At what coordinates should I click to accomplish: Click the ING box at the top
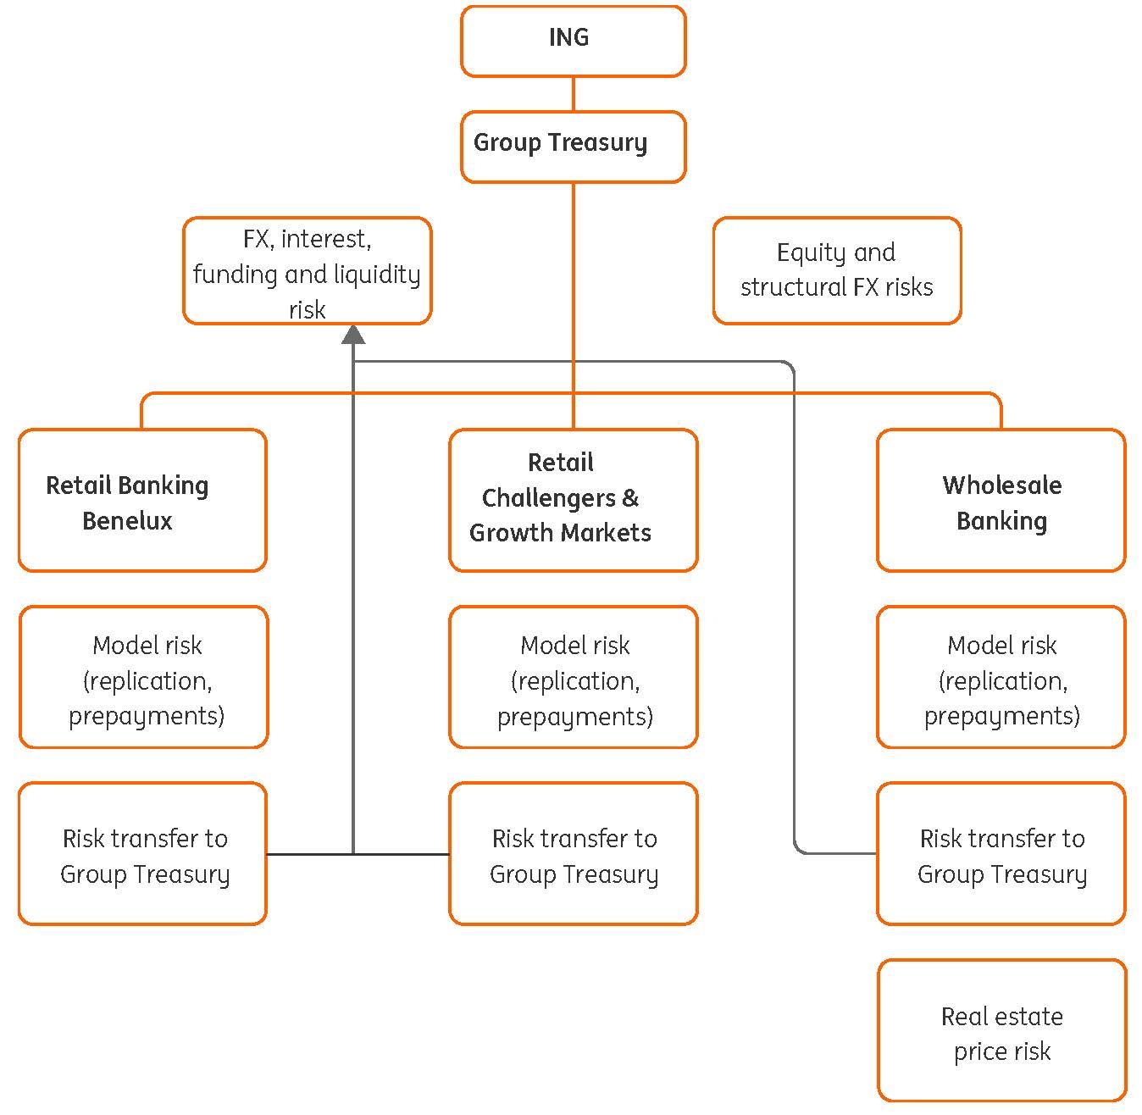(x=573, y=41)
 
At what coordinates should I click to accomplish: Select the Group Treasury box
(x=573, y=146)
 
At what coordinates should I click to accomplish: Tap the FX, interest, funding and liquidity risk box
(x=307, y=271)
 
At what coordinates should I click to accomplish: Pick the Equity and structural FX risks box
(x=836, y=270)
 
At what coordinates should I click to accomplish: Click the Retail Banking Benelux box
(x=142, y=501)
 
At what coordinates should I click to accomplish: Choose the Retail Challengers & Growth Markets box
(x=573, y=500)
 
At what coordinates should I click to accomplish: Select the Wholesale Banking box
(x=1001, y=501)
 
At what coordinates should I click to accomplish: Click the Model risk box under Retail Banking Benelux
(x=143, y=677)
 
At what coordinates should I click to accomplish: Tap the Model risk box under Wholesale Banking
(x=1001, y=677)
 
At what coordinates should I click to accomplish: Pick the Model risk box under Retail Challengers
(x=573, y=677)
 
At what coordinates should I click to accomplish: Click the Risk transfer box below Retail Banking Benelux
(x=142, y=854)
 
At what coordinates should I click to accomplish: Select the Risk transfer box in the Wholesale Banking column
(x=1001, y=854)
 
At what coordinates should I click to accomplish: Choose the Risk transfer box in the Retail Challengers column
(x=573, y=854)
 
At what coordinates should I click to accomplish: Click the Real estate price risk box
(x=1001, y=1031)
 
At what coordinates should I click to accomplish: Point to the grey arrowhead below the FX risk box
(x=353, y=335)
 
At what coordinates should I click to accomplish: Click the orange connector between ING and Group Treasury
(x=574, y=94)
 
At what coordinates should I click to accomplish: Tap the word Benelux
(x=127, y=520)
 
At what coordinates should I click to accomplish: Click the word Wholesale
(x=1001, y=485)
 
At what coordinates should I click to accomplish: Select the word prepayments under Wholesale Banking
(x=1001, y=716)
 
